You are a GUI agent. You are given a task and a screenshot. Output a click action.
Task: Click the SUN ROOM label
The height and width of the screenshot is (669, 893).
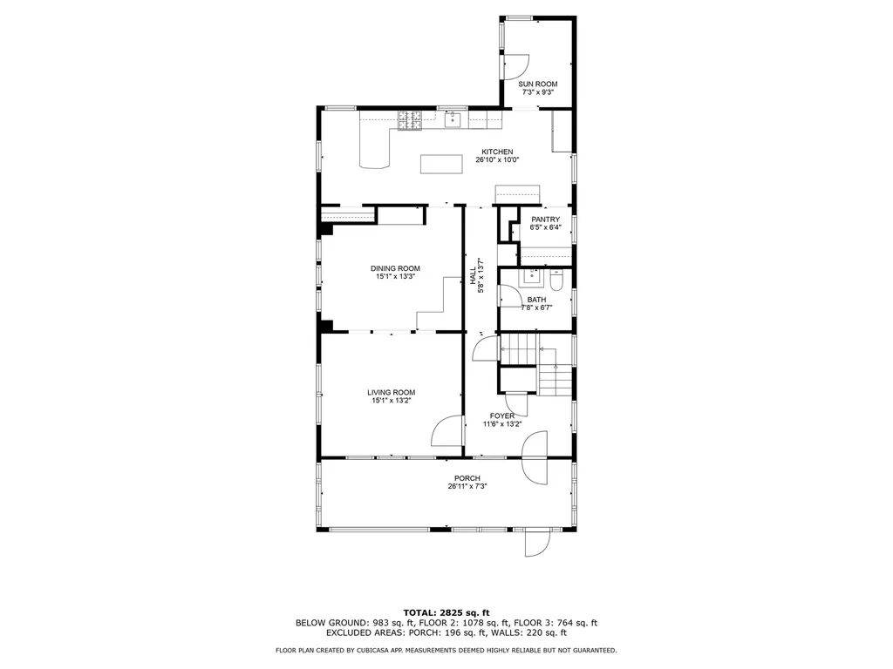coord(538,84)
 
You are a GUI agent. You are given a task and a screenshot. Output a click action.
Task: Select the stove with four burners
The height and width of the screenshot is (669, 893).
coord(409,121)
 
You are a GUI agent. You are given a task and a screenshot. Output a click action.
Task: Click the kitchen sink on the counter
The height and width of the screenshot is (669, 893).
coord(453,120)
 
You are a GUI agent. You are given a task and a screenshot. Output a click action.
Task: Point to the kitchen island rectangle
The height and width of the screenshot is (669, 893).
coord(444,164)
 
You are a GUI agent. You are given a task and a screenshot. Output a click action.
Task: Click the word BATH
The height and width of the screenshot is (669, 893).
coord(536,300)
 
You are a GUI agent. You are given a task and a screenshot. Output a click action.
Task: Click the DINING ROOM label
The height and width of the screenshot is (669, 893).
coord(395,268)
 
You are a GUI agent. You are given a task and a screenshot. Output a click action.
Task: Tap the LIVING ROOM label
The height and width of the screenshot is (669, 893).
coord(391,393)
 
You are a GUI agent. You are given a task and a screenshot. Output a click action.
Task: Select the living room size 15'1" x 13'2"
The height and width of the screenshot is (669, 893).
coord(391,402)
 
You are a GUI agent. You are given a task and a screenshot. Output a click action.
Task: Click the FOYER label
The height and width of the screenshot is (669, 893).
coord(501,416)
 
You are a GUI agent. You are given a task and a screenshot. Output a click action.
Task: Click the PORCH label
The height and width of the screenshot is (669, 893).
coord(467,478)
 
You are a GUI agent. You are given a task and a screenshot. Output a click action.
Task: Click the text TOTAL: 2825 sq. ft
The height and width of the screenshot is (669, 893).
coord(446,612)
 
